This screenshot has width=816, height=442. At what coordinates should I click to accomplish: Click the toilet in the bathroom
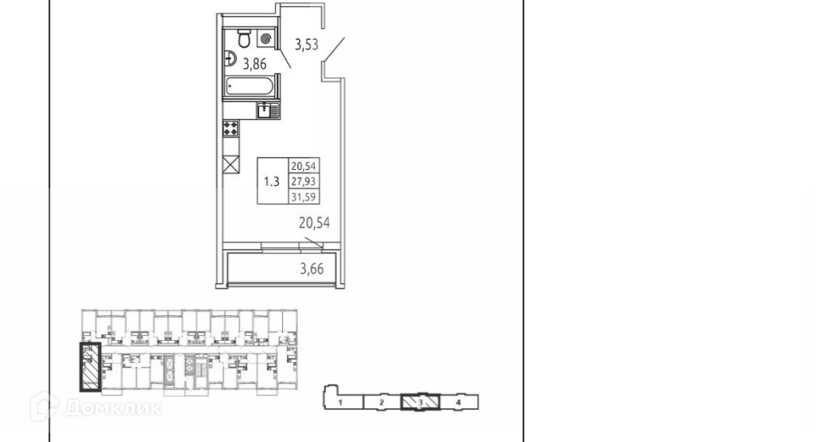[243, 37]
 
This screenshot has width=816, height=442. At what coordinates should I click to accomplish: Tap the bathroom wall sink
[229, 57]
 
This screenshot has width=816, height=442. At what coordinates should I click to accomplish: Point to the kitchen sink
[268, 111]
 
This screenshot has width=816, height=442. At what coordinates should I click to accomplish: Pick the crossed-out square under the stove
[231, 164]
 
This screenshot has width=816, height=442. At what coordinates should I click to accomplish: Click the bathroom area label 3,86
[254, 65]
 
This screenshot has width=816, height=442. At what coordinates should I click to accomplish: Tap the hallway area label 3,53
[306, 45]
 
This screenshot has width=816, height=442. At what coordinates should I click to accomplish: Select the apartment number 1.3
[271, 181]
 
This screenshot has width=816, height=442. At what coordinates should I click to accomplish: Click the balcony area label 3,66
[313, 269]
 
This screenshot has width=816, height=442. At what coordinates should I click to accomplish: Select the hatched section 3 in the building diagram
[420, 401]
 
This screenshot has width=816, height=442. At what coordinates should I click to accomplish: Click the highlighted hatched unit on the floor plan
[89, 367]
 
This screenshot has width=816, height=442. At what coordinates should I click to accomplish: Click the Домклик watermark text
[112, 408]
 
